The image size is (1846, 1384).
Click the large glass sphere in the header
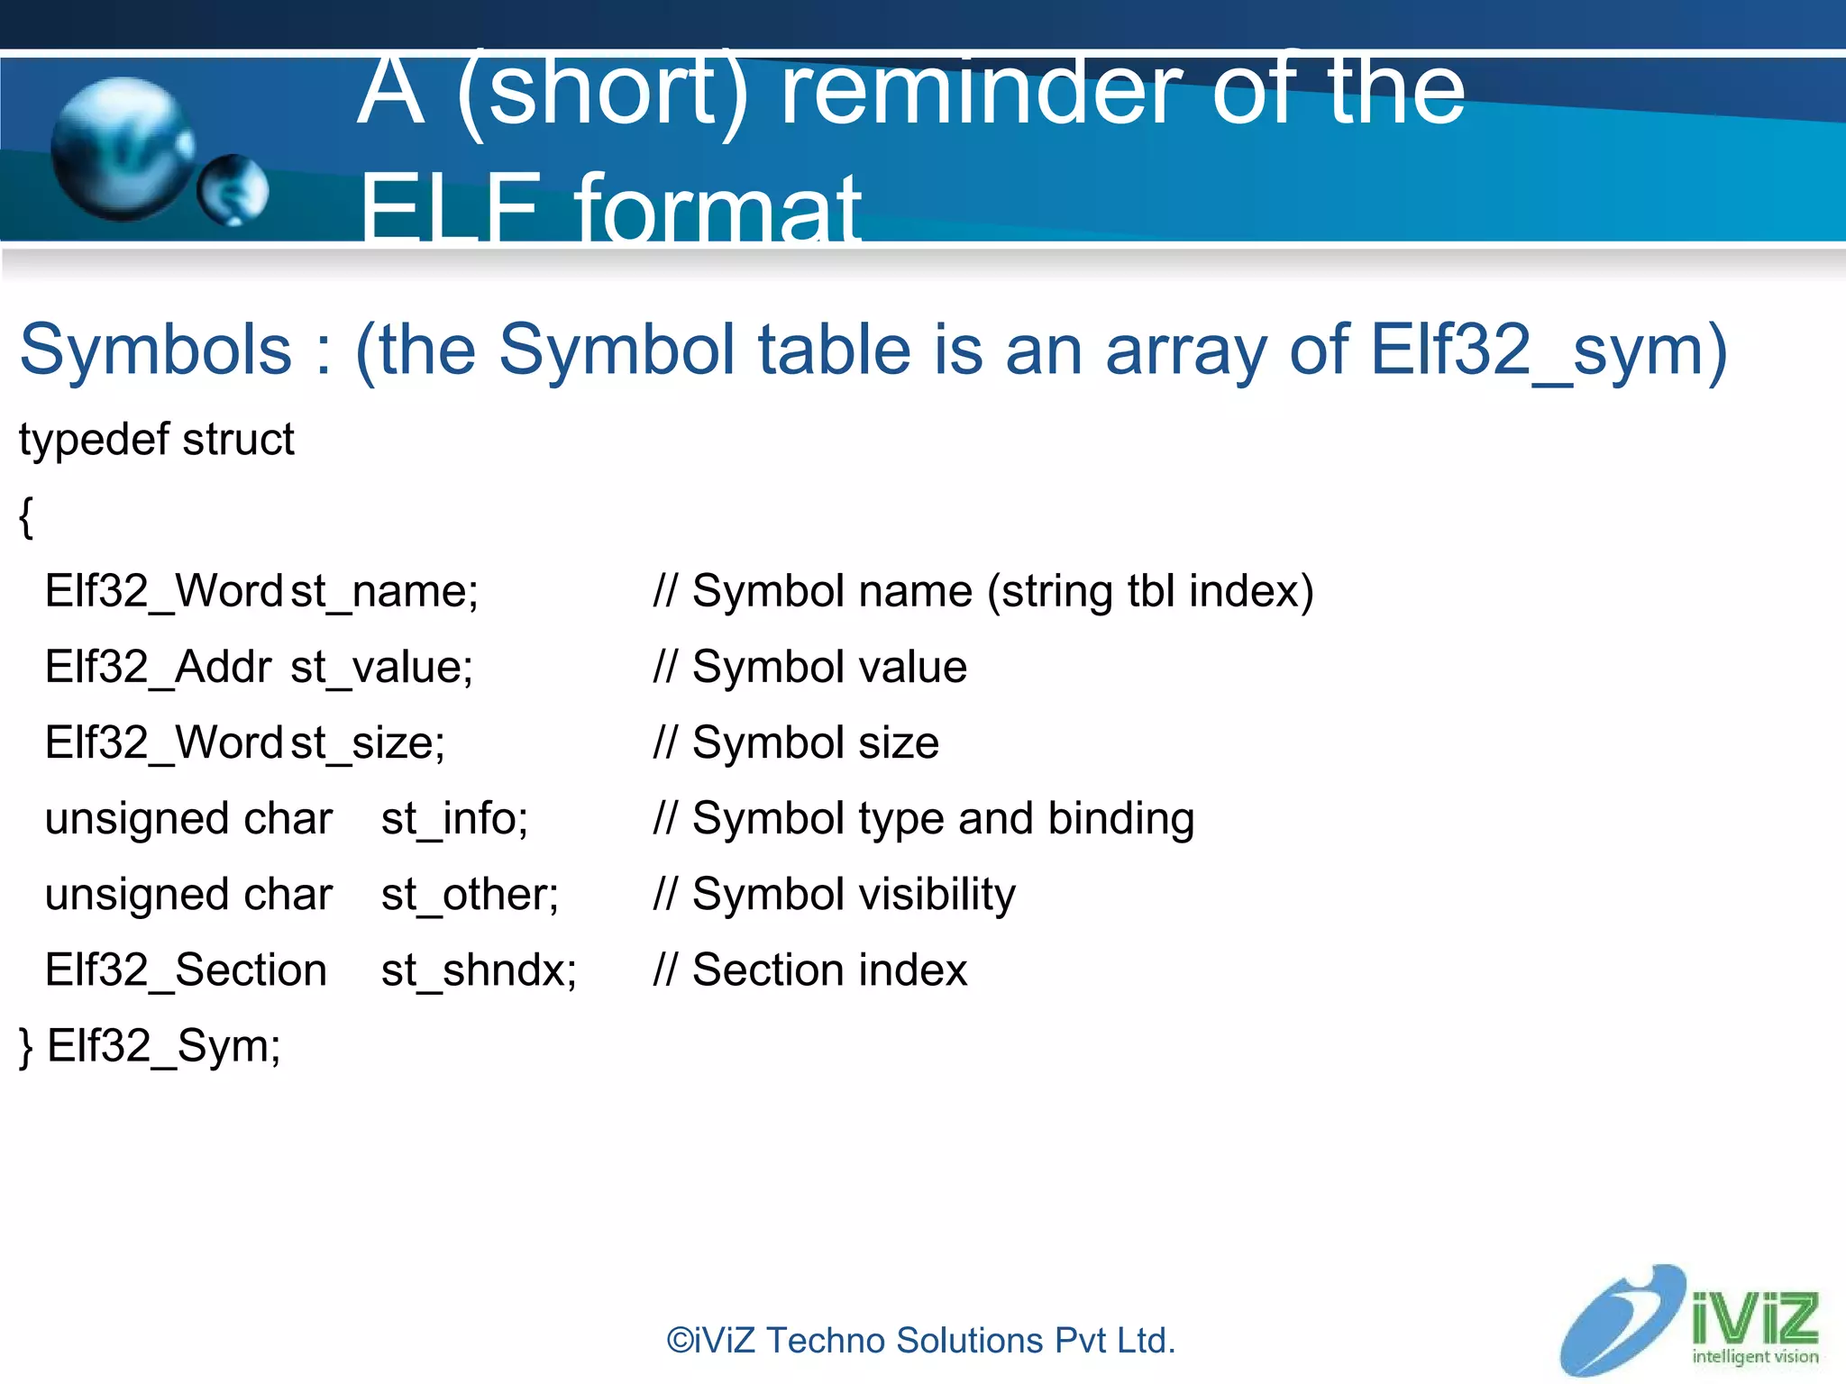point(122,150)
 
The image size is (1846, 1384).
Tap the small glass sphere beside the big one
point(233,189)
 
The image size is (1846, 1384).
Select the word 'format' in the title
point(717,210)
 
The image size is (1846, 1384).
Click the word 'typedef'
point(94,441)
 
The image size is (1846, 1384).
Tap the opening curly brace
point(26,517)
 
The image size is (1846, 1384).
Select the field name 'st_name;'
point(384,592)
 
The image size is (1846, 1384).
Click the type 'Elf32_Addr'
point(158,668)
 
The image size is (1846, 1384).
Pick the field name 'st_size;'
point(368,743)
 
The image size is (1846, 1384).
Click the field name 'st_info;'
point(454,819)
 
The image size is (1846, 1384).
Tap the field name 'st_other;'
point(470,895)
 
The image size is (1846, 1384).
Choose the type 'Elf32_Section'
point(186,970)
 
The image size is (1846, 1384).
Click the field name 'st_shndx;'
point(479,970)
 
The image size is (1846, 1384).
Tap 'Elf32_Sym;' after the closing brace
point(163,1046)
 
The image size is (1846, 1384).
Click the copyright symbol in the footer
point(679,1341)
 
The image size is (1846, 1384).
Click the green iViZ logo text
point(1753,1317)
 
